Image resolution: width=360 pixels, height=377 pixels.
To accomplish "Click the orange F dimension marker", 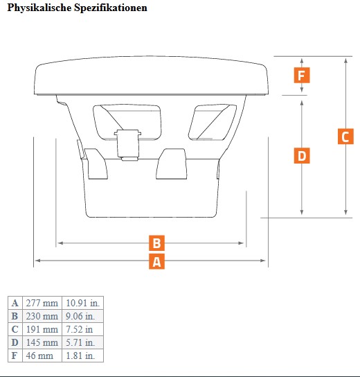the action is coord(302,76).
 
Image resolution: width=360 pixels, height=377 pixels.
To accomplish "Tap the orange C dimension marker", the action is coord(345,137).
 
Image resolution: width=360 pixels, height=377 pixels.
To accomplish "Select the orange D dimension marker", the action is coord(302,155).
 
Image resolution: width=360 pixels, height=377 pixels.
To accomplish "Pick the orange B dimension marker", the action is coord(156,243).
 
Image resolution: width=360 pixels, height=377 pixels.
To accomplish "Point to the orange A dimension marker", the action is coord(156,261).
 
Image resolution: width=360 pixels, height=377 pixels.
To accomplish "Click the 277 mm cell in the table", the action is coord(42,303).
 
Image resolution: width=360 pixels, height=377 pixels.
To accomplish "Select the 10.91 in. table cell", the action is coord(82,303).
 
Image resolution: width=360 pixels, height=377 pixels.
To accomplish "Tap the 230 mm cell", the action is coord(42,316).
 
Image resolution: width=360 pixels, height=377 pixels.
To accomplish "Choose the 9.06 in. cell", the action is coord(82,316).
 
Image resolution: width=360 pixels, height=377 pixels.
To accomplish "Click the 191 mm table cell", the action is coord(42,329).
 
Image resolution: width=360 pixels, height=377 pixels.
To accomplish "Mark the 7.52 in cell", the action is coord(82,329).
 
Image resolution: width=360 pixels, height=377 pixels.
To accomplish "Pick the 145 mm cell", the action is coord(42,342).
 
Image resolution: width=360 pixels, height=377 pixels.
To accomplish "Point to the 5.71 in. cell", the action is coord(82,342).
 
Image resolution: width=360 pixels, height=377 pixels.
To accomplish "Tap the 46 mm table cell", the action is coord(42,356).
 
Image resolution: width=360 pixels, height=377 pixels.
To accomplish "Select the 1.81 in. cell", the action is coord(82,356).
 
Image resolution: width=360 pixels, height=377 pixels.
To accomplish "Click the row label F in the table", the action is coord(15,356).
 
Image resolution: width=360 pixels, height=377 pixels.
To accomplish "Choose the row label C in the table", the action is coord(15,329).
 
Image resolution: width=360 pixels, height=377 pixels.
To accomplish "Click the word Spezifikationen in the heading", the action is coord(111,8).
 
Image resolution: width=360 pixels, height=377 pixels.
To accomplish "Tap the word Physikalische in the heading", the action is coord(39,8).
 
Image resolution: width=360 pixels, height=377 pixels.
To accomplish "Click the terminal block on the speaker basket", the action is coord(127,145).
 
